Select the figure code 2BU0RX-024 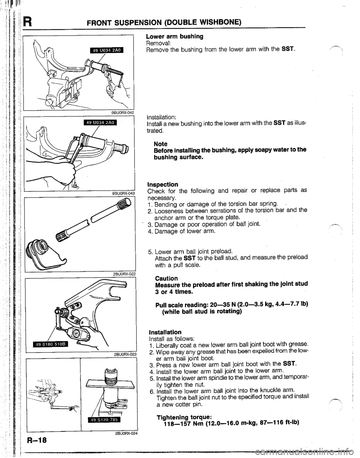tap(118, 435)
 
